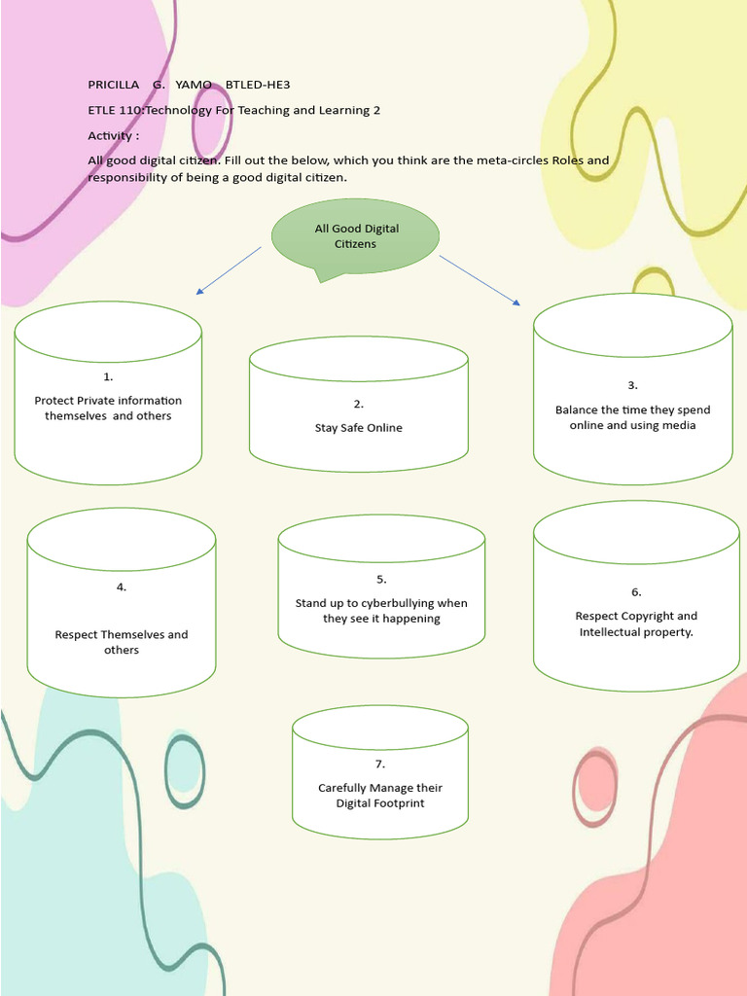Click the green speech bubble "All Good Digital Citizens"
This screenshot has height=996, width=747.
355,236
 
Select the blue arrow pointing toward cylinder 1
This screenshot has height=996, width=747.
230,269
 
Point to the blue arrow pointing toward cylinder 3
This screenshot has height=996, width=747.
480,280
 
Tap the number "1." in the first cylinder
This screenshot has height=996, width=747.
108,376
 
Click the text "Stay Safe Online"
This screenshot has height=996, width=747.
358,428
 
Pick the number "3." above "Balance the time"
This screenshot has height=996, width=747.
632,385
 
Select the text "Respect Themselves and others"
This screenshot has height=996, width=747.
122,642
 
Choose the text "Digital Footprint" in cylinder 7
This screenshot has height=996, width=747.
380,803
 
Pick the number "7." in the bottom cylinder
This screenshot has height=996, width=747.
380,764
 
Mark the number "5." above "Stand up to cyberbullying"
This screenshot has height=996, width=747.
381,579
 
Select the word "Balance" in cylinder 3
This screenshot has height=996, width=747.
576,409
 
